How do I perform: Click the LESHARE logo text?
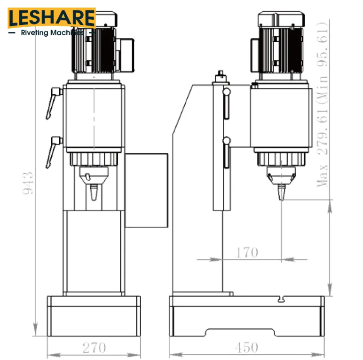pos(52,18)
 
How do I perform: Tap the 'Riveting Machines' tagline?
pos(52,32)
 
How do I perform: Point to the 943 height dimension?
pos(28,183)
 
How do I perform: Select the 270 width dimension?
pos(94,347)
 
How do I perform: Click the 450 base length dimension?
pos(246,347)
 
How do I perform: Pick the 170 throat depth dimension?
pos(247,252)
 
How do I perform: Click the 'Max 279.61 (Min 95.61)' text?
pos(323,105)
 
